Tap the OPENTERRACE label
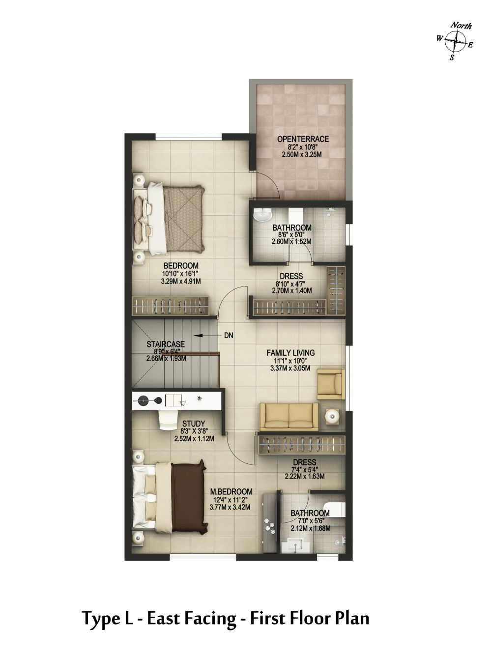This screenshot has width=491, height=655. tap(303, 139)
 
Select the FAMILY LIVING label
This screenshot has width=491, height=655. tap(290, 353)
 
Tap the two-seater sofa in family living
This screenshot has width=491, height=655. tap(289, 417)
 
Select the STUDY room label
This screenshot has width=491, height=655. tap(194, 424)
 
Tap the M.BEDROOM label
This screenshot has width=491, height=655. tap(231, 491)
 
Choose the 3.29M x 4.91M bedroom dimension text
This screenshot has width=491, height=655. tap(180, 281)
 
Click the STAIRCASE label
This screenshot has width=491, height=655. tap(166, 344)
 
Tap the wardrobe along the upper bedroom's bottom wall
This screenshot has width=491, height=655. tap(171, 306)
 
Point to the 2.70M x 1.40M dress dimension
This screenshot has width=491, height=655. tap(291, 290)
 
